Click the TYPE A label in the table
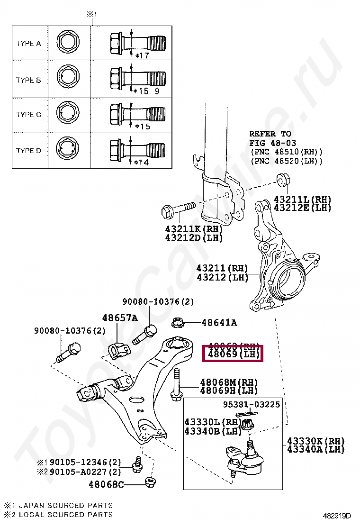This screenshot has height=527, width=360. pyautogui.click(x=28, y=44)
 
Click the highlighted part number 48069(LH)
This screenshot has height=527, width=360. pyautogui.click(x=232, y=354)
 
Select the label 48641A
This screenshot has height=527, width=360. pyautogui.click(x=219, y=323)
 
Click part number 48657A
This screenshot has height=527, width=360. pyautogui.click(x=119, y=318)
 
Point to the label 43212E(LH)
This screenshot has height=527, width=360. pyautogui.click(x=302, y=208)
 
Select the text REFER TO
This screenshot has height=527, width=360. pyautogui.click(x=270, y=134)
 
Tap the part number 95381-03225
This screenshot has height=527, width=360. pyautogui.click(x=252, y=404)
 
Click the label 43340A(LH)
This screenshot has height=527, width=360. pyautogui.click(x=315, y=449)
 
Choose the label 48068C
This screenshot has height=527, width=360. pyautogui.click(x=106, y=484)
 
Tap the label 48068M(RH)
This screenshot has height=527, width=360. pyautogui.click(x=228, y=382)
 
